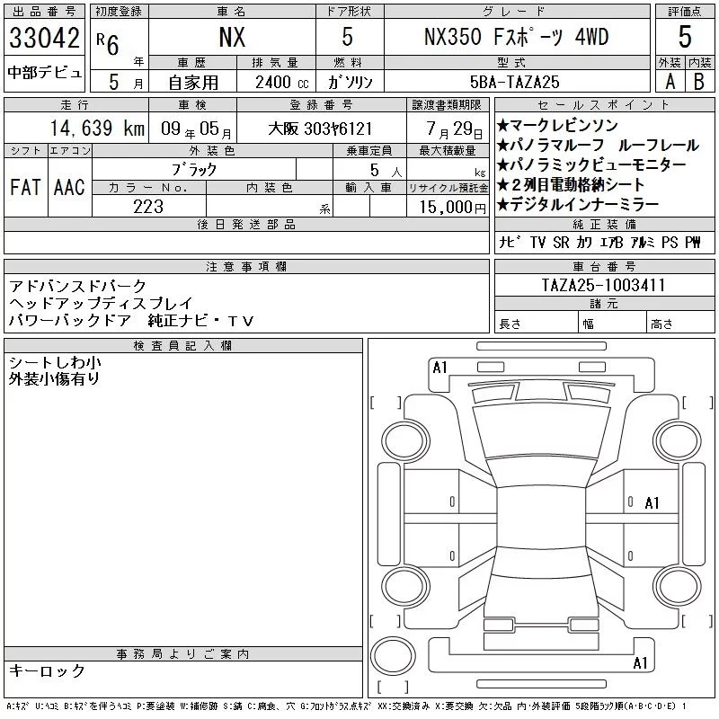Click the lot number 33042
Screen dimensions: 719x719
[x=44, y=38]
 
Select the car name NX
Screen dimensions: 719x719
[x=232, y=37]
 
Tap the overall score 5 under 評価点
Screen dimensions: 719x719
[x=685, y=37]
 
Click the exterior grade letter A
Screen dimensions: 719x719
[x=670, y=82]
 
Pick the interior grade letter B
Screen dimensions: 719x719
[x=699, y=82]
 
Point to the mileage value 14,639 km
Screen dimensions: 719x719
[x=97, y=128]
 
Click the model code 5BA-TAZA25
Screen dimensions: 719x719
[x=514, y=82]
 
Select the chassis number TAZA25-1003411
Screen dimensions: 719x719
[x=603, y=285]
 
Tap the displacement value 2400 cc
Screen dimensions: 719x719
[x=282, y=83]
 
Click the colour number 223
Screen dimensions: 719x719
[x=148, y=207]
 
